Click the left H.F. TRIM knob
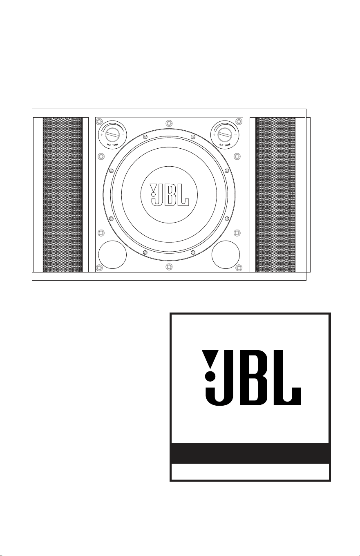[113, 135]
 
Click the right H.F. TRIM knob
[225, 135]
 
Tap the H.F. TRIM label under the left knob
[112, 144]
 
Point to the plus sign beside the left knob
[102, 135]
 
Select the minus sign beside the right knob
[235, 135]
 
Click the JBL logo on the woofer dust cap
[169, 194]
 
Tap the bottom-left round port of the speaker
[112, 255]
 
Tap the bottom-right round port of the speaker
[226, 255]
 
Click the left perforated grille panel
[63, 194]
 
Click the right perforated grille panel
[275, 194]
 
